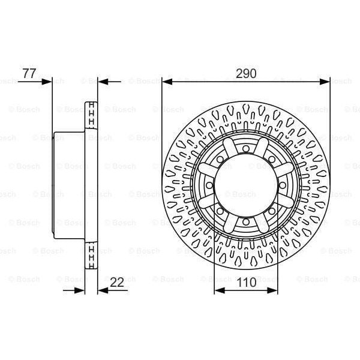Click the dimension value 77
(x=29, y=74)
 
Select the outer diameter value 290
(x=245, y=74)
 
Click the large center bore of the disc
(x=246, y=185)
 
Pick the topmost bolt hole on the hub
(x=246, y=148)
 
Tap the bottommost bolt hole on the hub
(x=246, y=222)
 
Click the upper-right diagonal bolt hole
(x=272, y=159)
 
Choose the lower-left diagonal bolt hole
(x=220, y=211)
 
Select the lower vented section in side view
(x=92, y=254)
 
